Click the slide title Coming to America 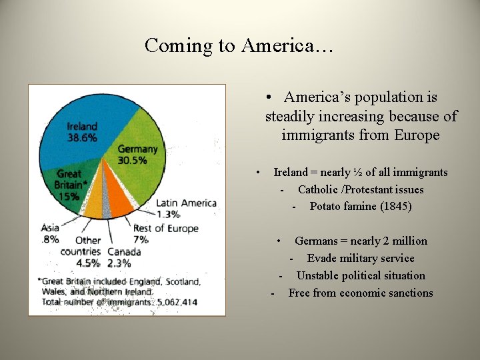(x=239, y=45)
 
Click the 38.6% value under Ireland (x=82, y=138)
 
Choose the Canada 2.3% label (x=124, y=257)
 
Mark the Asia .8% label (x=50, y=233)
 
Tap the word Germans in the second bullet (x=317, y=241)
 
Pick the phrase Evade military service (x=361, y=259)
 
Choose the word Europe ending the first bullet (x=416, y=135)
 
